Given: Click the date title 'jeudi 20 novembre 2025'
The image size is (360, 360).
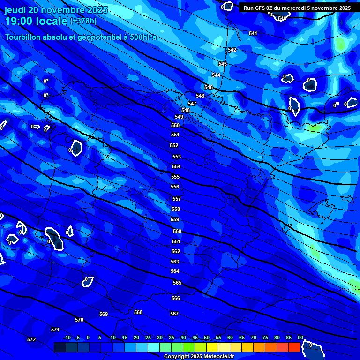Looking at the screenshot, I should point(56,10).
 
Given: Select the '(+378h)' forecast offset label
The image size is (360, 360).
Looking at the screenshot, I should point(83,21).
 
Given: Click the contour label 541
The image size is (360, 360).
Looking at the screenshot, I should point(253,33).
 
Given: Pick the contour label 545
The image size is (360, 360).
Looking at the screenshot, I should point(209,88).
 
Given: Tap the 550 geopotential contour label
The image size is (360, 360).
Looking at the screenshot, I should point(175,126).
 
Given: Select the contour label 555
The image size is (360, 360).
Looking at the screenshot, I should point(175,177).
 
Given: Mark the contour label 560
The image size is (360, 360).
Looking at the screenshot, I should point(177,232).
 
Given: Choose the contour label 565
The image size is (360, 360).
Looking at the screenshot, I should point(177,283).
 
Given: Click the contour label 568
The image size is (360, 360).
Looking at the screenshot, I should point(138,313).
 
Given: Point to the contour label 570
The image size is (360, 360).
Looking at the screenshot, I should point(79,320).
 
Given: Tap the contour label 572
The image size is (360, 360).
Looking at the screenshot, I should point(31,339).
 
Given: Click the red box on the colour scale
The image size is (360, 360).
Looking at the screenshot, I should point(294,347).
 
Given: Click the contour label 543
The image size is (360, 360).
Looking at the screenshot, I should point(223,64).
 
